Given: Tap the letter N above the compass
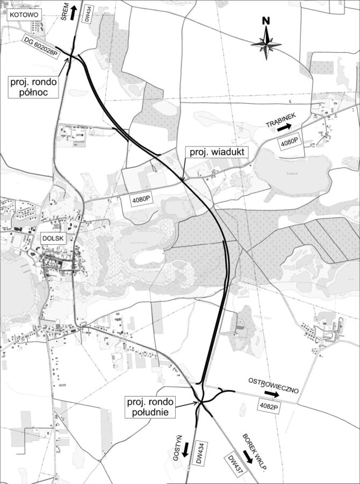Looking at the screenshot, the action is (265, 21).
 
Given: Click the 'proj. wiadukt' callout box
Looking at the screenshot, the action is (216, 152).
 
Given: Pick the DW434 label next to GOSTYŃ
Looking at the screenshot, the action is (199, 453).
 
